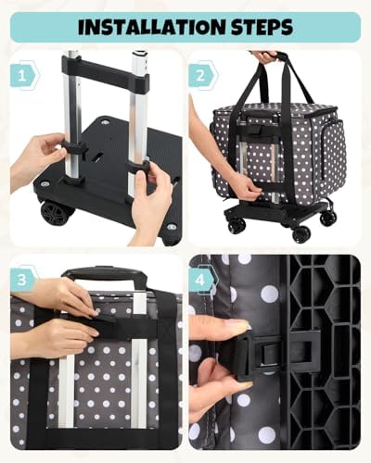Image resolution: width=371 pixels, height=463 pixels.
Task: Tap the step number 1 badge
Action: [x=23, y=76]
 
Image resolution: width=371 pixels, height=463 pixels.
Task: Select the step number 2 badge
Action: [x=202, y=76]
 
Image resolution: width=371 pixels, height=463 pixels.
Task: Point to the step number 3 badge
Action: [x=23, y=280]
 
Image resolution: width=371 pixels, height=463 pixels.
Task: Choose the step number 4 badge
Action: [x=202, y=280]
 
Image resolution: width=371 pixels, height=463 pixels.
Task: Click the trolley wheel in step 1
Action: [x=57, y=213]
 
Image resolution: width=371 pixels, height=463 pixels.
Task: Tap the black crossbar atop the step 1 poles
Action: [x=105, y=72]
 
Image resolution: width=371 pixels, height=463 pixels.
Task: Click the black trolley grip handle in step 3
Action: [x=104, y=273]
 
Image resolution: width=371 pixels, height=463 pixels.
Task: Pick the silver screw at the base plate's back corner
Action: [x=104, y=122]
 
